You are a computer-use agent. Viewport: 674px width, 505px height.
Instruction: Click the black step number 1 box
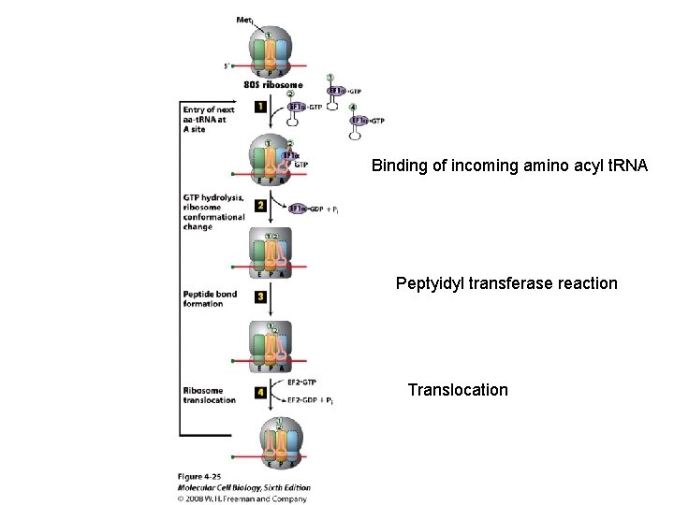pyautogui.click(x=259, y=108)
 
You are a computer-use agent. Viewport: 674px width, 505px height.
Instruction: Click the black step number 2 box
pyautogui.click(x=259, y=205)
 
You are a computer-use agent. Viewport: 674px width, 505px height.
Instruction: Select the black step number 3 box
pyautogui.click(x=259, y=296)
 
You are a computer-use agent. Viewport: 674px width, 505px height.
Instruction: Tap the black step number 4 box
pyautogui.click(x=259, y=393)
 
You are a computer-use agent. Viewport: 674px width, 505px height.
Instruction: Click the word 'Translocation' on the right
pyautogui.click(x=458, y=390)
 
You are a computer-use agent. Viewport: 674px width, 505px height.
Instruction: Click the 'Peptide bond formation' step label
pyautogui.click(x=210, y=298)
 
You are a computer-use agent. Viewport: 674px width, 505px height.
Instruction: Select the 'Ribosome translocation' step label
pyautogui.click(x=210, y=395)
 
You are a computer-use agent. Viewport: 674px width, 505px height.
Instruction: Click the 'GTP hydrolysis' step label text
pyautogui.click(x=213, y=198)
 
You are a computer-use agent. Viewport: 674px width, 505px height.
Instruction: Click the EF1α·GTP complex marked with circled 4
pyautogui.click(x=367, y=121)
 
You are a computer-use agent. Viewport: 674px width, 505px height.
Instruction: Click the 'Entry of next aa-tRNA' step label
pyautogui.click(x=212, y=117)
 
